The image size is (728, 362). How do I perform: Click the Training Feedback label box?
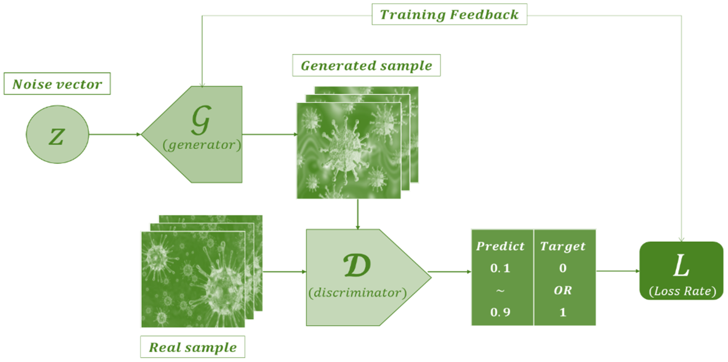450,14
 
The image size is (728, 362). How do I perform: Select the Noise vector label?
57,85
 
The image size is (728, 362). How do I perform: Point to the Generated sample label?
367,66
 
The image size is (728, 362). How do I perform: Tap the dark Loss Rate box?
682,271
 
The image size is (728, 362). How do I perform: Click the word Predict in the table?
500,246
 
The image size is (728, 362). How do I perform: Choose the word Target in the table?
563,246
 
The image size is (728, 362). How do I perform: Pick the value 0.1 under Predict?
500,268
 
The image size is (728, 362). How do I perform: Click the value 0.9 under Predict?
500,312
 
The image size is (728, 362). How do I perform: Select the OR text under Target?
563,291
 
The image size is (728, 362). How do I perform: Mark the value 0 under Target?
563,268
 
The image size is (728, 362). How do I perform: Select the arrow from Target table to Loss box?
617,272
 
